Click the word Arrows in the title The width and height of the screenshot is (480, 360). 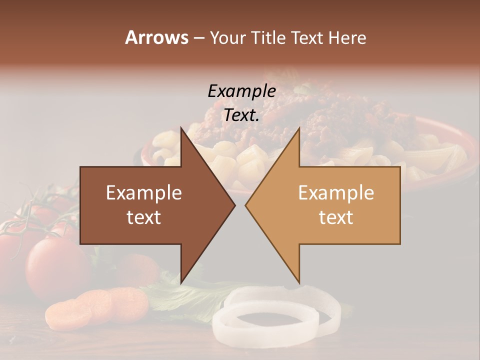pyautogui.click(x=156, y=37)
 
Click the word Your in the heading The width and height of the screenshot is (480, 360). pyautogui.click(x=226, y=38)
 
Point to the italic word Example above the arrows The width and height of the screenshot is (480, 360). pyautogui.click(x=241, y=91)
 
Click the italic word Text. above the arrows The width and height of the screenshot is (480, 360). pyautogui.click(x=241, y=115)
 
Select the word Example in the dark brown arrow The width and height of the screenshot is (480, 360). pyautogui.click(x=143, y=193)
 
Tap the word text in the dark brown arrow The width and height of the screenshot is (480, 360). pyautogui.click(x=143, y=217)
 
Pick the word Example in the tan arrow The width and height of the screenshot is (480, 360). pyautogui.click(x=336, y=193)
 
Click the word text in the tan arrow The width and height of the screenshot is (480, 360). pyautogui.click(x=336, y=217)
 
